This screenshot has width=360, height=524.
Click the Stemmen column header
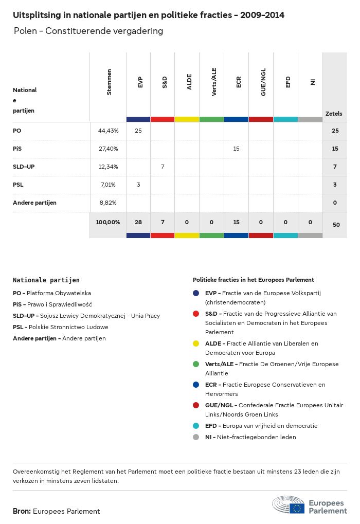[x=109, y=82]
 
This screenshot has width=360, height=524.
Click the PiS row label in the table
[x=17, y=149]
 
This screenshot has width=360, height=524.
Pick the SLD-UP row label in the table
[x=24, y=167]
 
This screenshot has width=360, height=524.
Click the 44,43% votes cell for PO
[x=108, y=131]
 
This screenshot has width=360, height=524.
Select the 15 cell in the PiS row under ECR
[x=237, y=149]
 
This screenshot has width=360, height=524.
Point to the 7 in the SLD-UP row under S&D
[x=163, y=167]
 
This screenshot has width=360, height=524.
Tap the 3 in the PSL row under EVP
[x=138, y=185]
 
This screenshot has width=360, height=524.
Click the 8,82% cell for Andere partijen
[x=108, y=203]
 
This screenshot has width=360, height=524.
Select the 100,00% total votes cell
[x=108, y=222]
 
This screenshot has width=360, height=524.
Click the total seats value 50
[x=335, y=225]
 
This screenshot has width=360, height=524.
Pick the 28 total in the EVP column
[x=138, y=222]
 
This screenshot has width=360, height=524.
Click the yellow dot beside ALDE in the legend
[x=196, y=344]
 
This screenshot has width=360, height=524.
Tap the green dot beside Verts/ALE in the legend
[x=196, y=364]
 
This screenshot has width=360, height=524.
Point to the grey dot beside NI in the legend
[x=196, y=437]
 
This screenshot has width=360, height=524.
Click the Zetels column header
[x=334, y=114]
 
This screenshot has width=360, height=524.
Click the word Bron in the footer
[x=22, y=511]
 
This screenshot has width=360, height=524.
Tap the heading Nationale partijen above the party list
[x=46, y=280]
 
